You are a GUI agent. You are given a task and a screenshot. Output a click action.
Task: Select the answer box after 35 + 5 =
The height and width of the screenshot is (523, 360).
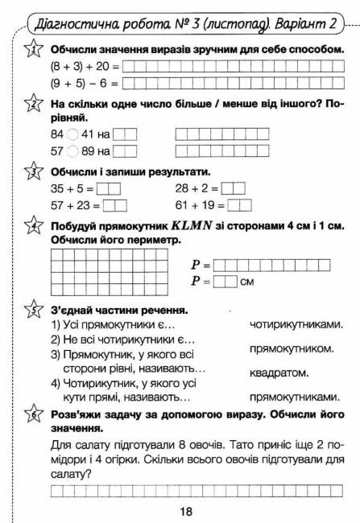pyautogui.click(x=108, y=189)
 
